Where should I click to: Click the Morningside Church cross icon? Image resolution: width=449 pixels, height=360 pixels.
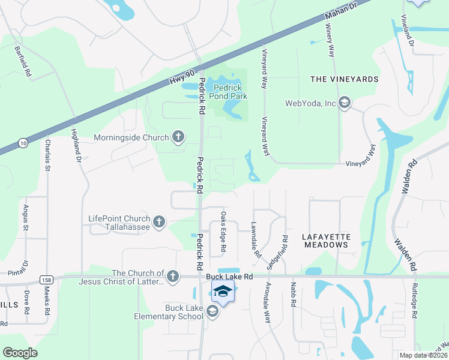pyautogui.click(x=178, y=137)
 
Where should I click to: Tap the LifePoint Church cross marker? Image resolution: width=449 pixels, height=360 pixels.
pyautogui.click(x=159, y=222)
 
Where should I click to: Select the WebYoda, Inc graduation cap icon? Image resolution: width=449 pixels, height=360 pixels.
pyautogui.click(x=345, y=103)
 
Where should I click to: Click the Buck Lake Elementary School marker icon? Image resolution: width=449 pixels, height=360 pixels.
pyautogui.click(x=212, y=311)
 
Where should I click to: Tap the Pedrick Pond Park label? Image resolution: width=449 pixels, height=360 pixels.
pyautogui.click(x=227, y=91)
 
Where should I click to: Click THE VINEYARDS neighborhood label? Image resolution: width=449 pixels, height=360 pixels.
pyautogui.click(x=344, y=79)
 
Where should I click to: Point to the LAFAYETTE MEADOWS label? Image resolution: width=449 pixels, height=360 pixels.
pyautogui.click(x=327, y=241)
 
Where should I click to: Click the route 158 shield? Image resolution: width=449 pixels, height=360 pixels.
pyautogui.click(x=46, y=280)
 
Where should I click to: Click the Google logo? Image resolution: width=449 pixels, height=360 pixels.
pyautogui.click(x=20, y=353)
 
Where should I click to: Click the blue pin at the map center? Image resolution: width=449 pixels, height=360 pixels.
pyautogui.click(x=223, y=293)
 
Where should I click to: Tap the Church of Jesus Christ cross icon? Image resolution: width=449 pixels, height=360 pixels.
pyautogui.click(x=172, y=276)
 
